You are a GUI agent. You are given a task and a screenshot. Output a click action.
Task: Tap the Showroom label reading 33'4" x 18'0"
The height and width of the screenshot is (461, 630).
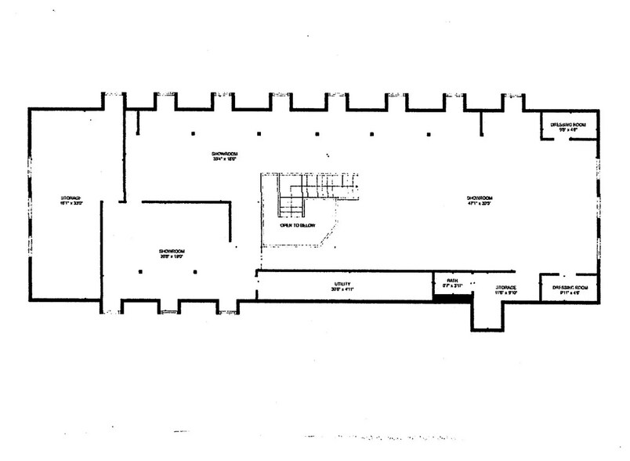[224, 154]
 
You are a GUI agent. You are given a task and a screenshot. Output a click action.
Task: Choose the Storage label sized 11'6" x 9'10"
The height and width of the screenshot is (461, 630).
[505, 290]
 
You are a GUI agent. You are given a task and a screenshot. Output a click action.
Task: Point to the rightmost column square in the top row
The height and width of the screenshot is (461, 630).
[428, 134]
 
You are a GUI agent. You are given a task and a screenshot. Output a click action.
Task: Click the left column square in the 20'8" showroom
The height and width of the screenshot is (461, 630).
[139, 271]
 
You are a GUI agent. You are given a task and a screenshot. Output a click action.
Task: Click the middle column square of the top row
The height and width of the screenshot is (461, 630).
[317, 134]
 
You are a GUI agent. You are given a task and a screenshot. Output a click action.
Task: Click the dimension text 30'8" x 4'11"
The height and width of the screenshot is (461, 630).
[342, 289]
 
